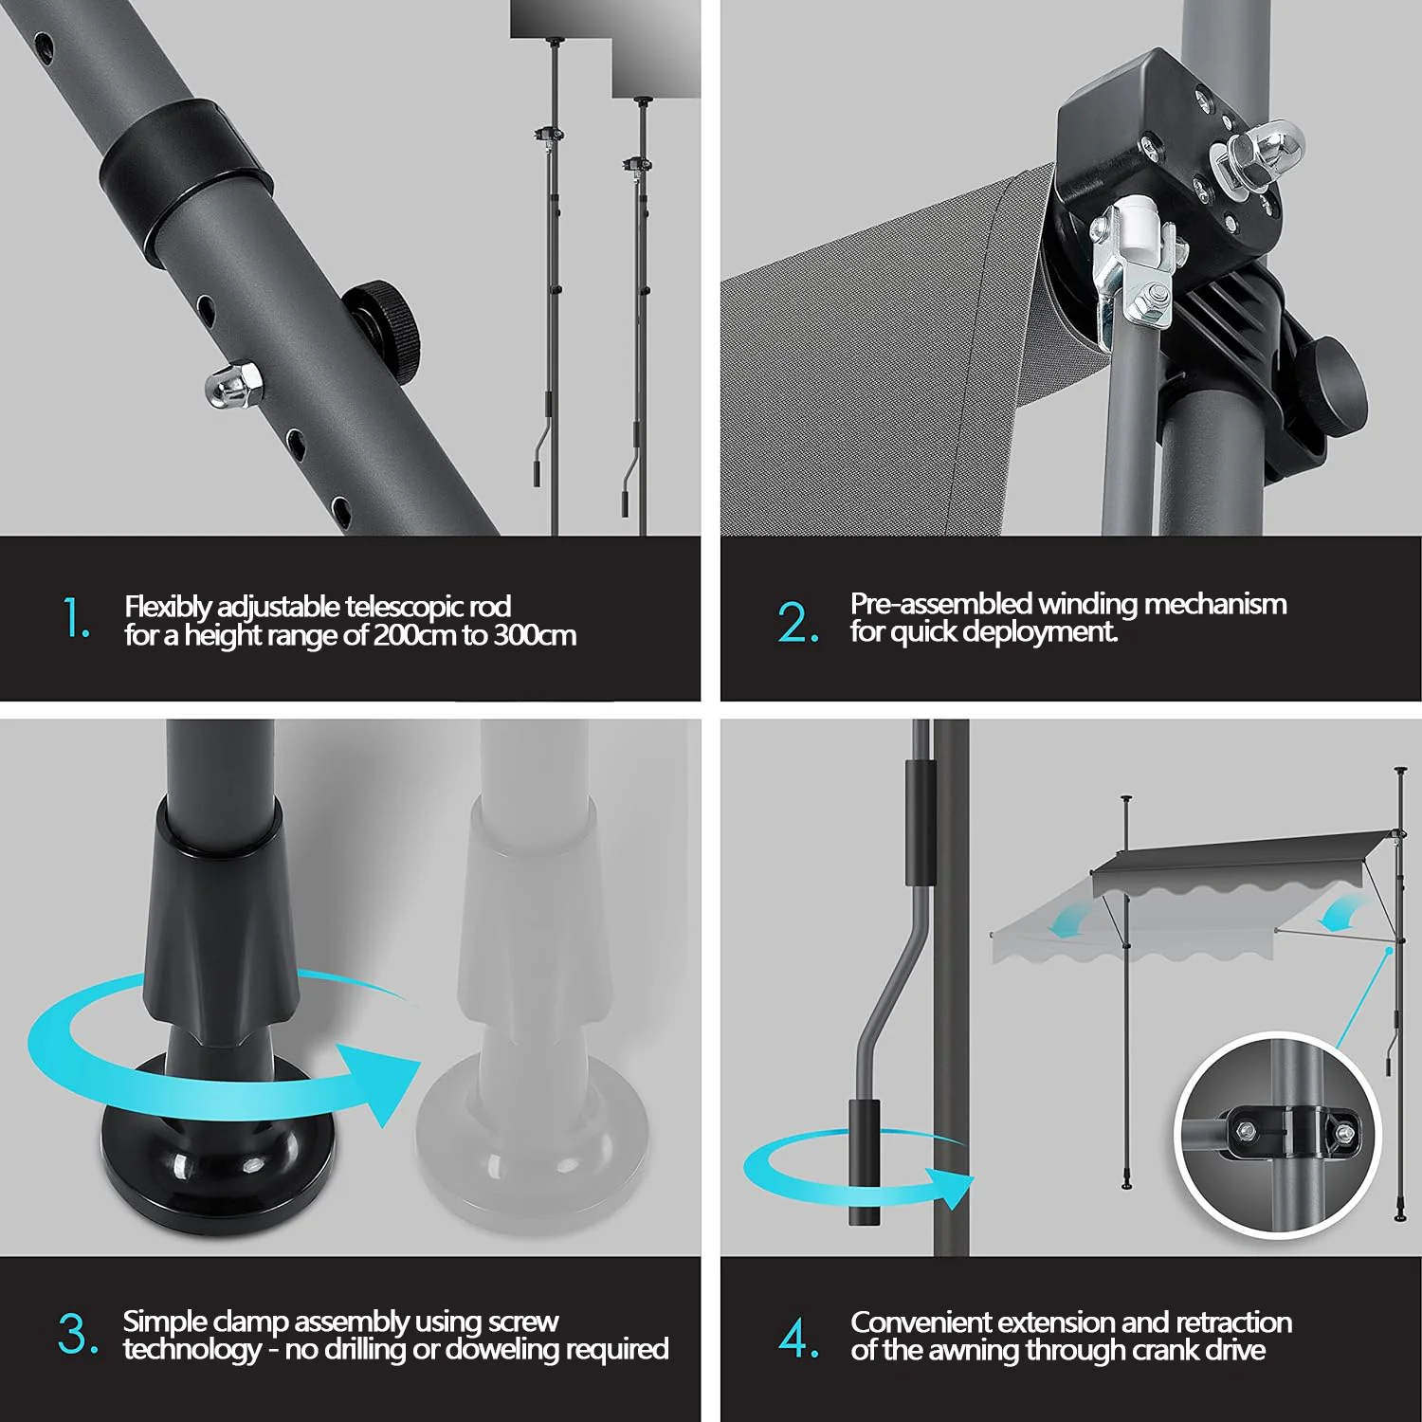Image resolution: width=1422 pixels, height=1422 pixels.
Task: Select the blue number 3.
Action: pyautogui.click(x=78, y=1334)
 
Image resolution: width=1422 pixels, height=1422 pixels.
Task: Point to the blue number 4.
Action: pyautogui.click(x=798, y=1337)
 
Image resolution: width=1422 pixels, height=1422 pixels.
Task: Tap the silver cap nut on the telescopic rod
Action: pyautogui.click(x=233, y=386)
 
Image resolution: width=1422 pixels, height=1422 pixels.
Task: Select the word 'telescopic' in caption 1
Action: pyautogui.click(x=404, y=606)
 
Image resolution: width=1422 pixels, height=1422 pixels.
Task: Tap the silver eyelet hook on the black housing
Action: pyautogui.click(x=1255, y=152)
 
